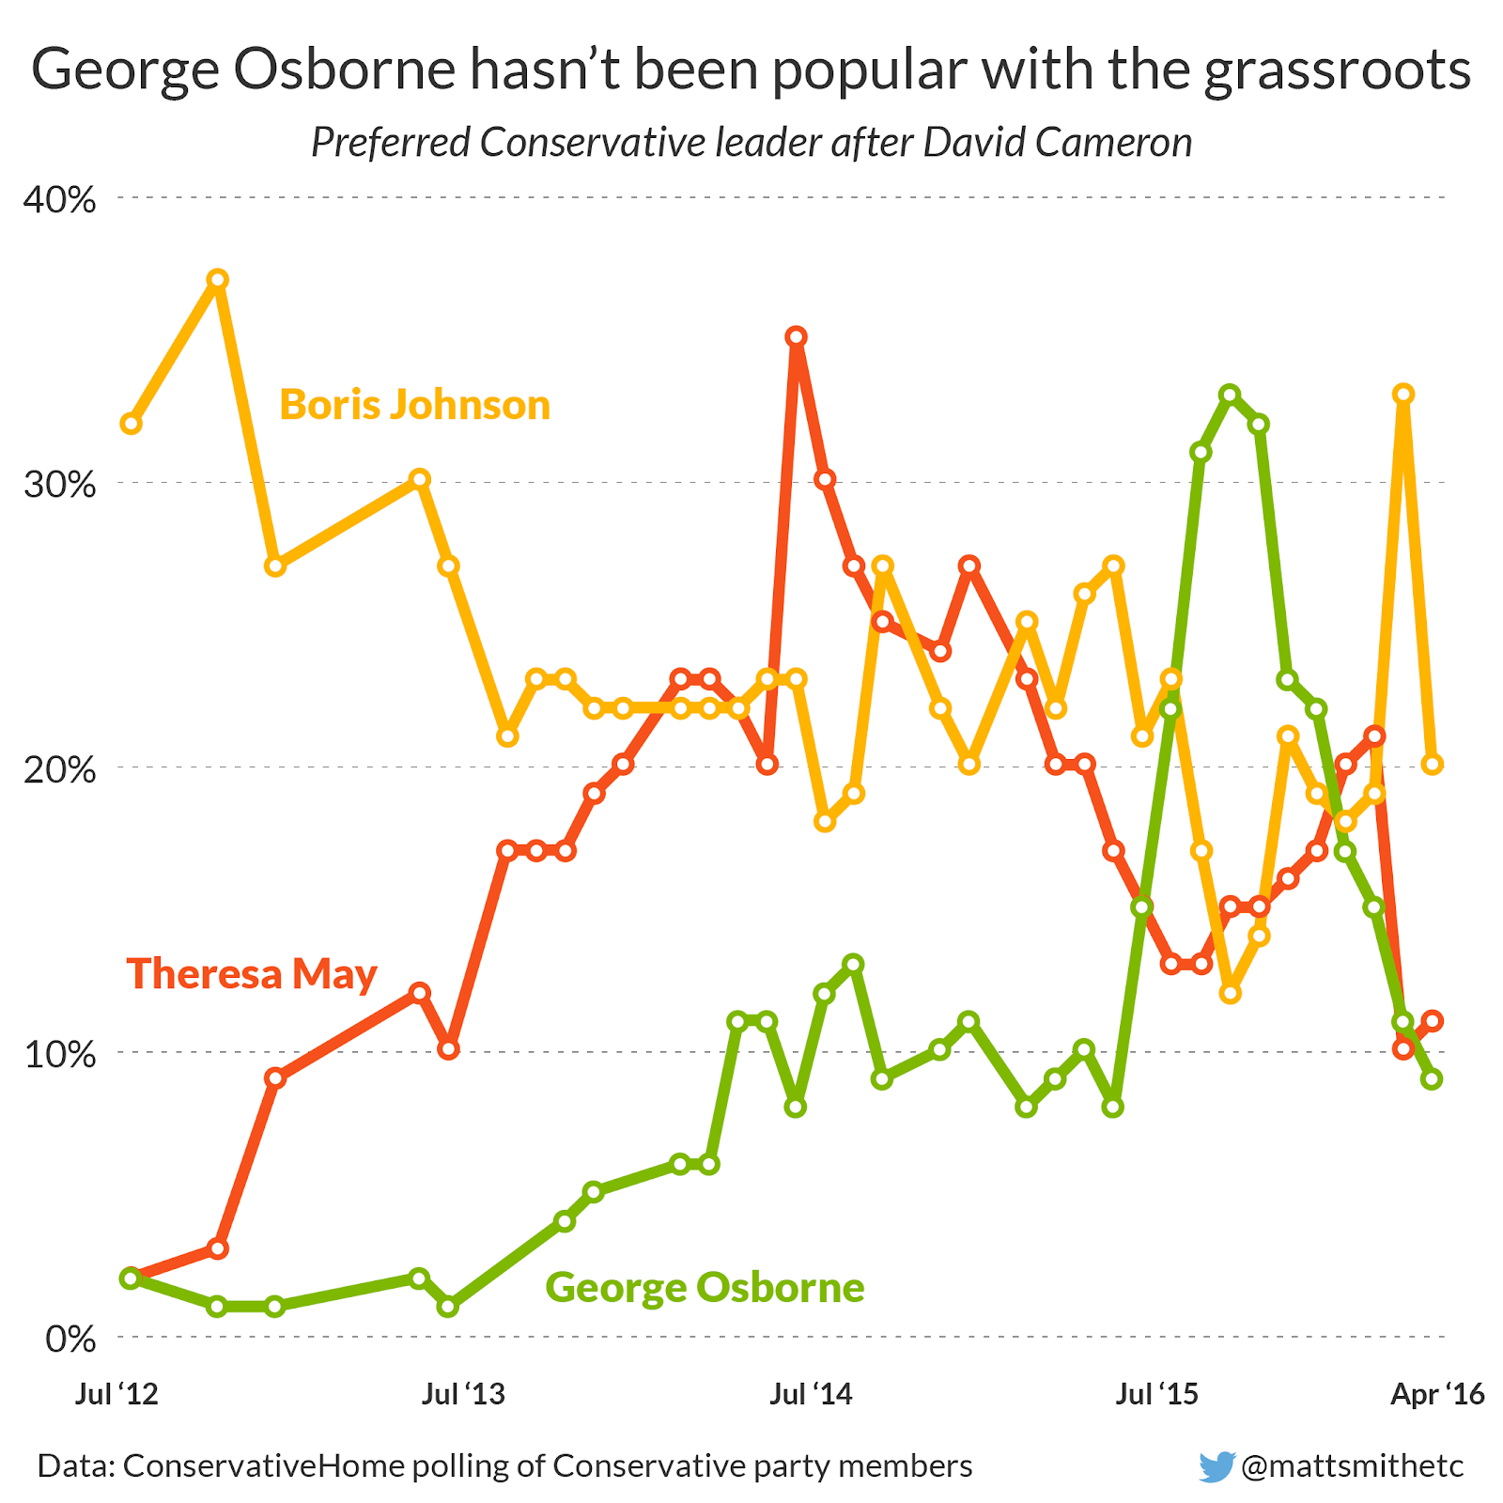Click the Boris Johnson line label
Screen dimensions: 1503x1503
[x=414, y=405]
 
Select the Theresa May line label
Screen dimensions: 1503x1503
[x=252, y=973]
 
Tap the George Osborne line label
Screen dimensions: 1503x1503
[x=705, y=1287]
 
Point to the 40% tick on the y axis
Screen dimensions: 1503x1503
[x=61, y=199]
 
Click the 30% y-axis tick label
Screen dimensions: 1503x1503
[x=61, y=485]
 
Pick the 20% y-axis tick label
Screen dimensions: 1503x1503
[x=61, y=769]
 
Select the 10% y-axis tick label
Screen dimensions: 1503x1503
[x=61, y=1054]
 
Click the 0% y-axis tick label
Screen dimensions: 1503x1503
[x=70, y=1339]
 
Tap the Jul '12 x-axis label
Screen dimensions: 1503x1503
[x=117, y=1394]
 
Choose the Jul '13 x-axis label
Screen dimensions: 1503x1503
[x=464, y=1394]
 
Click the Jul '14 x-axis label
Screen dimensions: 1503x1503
[x=811, y=1394]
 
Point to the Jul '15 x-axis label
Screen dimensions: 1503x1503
[x=1157, y=1394]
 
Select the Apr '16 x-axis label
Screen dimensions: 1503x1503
[x=1437, y=1394]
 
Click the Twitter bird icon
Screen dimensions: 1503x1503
[x=1216, y=1466]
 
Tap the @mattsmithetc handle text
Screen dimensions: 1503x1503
[x=1353, y=1466]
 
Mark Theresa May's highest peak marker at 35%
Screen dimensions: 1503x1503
[x=797, y=336]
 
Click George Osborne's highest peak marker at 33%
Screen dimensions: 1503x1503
[x=1230, y=394]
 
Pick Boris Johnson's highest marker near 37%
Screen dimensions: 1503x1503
[x=218, y=279]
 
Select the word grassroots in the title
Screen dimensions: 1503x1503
[x=1338, y=70]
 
